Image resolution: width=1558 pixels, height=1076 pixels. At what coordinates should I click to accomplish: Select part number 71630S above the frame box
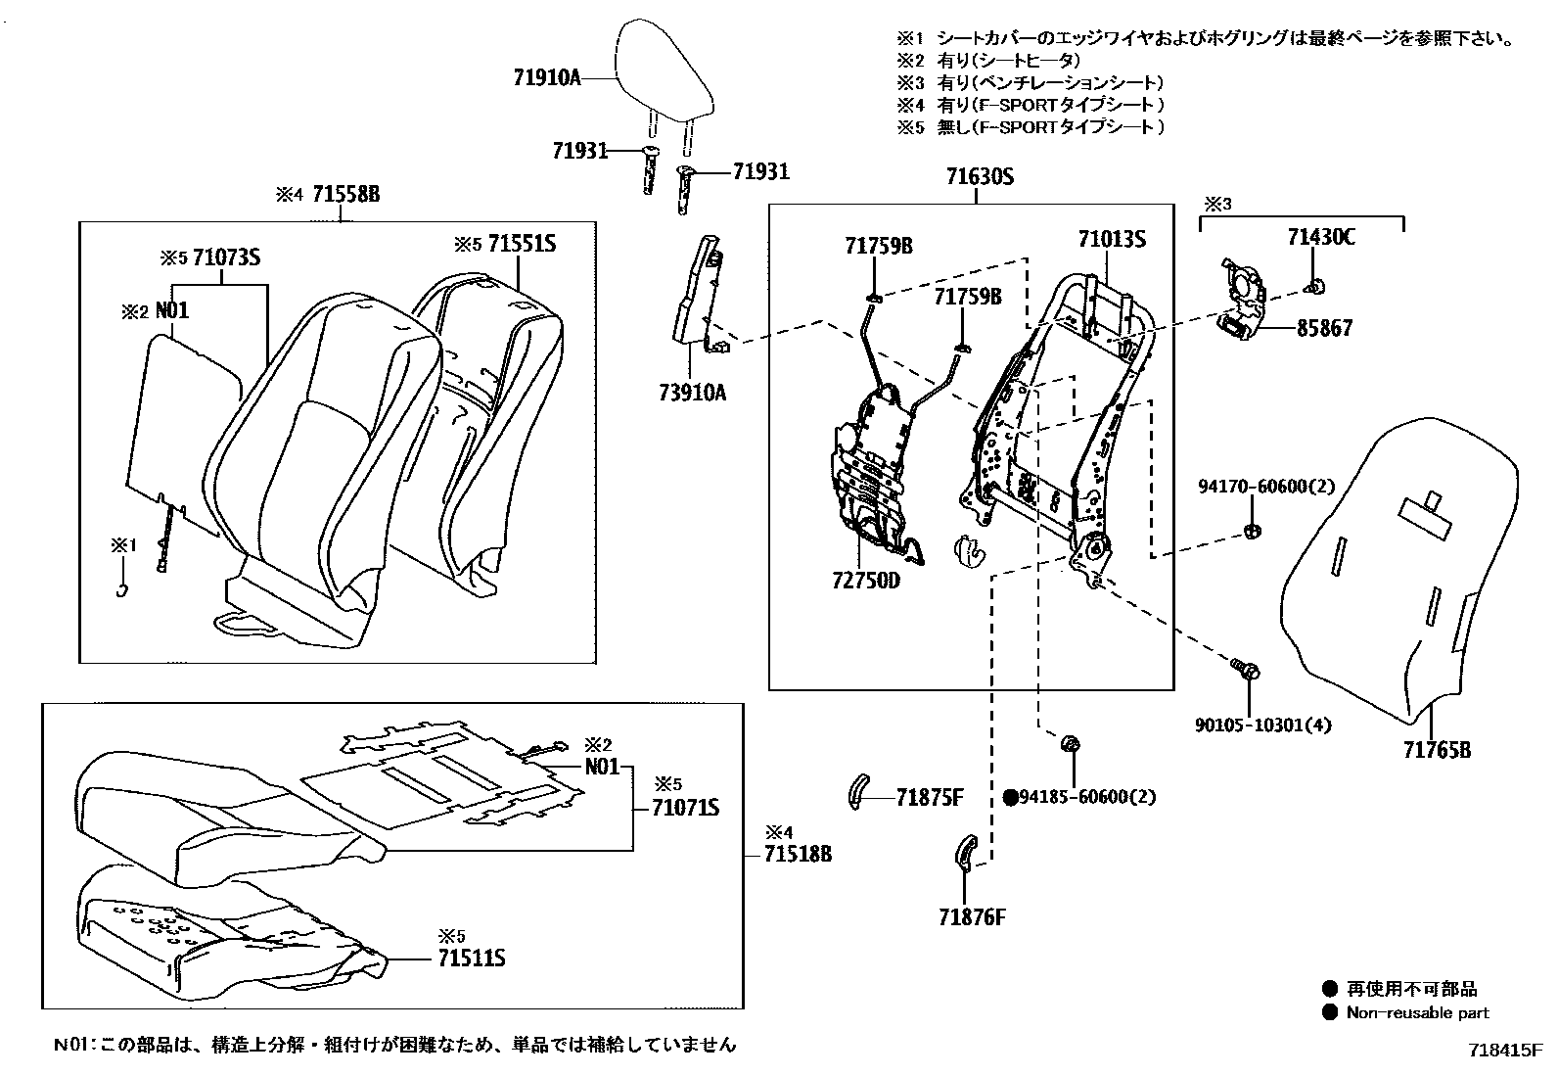pos(978,177)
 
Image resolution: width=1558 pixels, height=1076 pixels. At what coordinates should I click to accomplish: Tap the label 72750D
pos(865,580)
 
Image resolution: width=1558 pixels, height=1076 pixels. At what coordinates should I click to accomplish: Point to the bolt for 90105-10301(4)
pos(1247,671)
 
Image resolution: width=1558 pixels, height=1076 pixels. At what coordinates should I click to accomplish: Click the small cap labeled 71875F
pos(857,791)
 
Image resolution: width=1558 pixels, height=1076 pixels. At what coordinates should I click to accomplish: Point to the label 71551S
pos(522,244)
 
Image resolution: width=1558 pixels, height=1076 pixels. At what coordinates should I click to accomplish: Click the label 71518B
pos(798,854)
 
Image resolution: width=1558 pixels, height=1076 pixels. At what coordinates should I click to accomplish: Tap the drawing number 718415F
pos(1505,1051)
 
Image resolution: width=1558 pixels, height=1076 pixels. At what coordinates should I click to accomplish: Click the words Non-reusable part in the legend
pos(1417,1013)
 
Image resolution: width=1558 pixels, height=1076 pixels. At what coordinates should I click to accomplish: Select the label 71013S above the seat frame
pos(1112,239)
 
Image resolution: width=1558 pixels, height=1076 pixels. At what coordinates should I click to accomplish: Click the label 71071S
pos(685,808)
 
